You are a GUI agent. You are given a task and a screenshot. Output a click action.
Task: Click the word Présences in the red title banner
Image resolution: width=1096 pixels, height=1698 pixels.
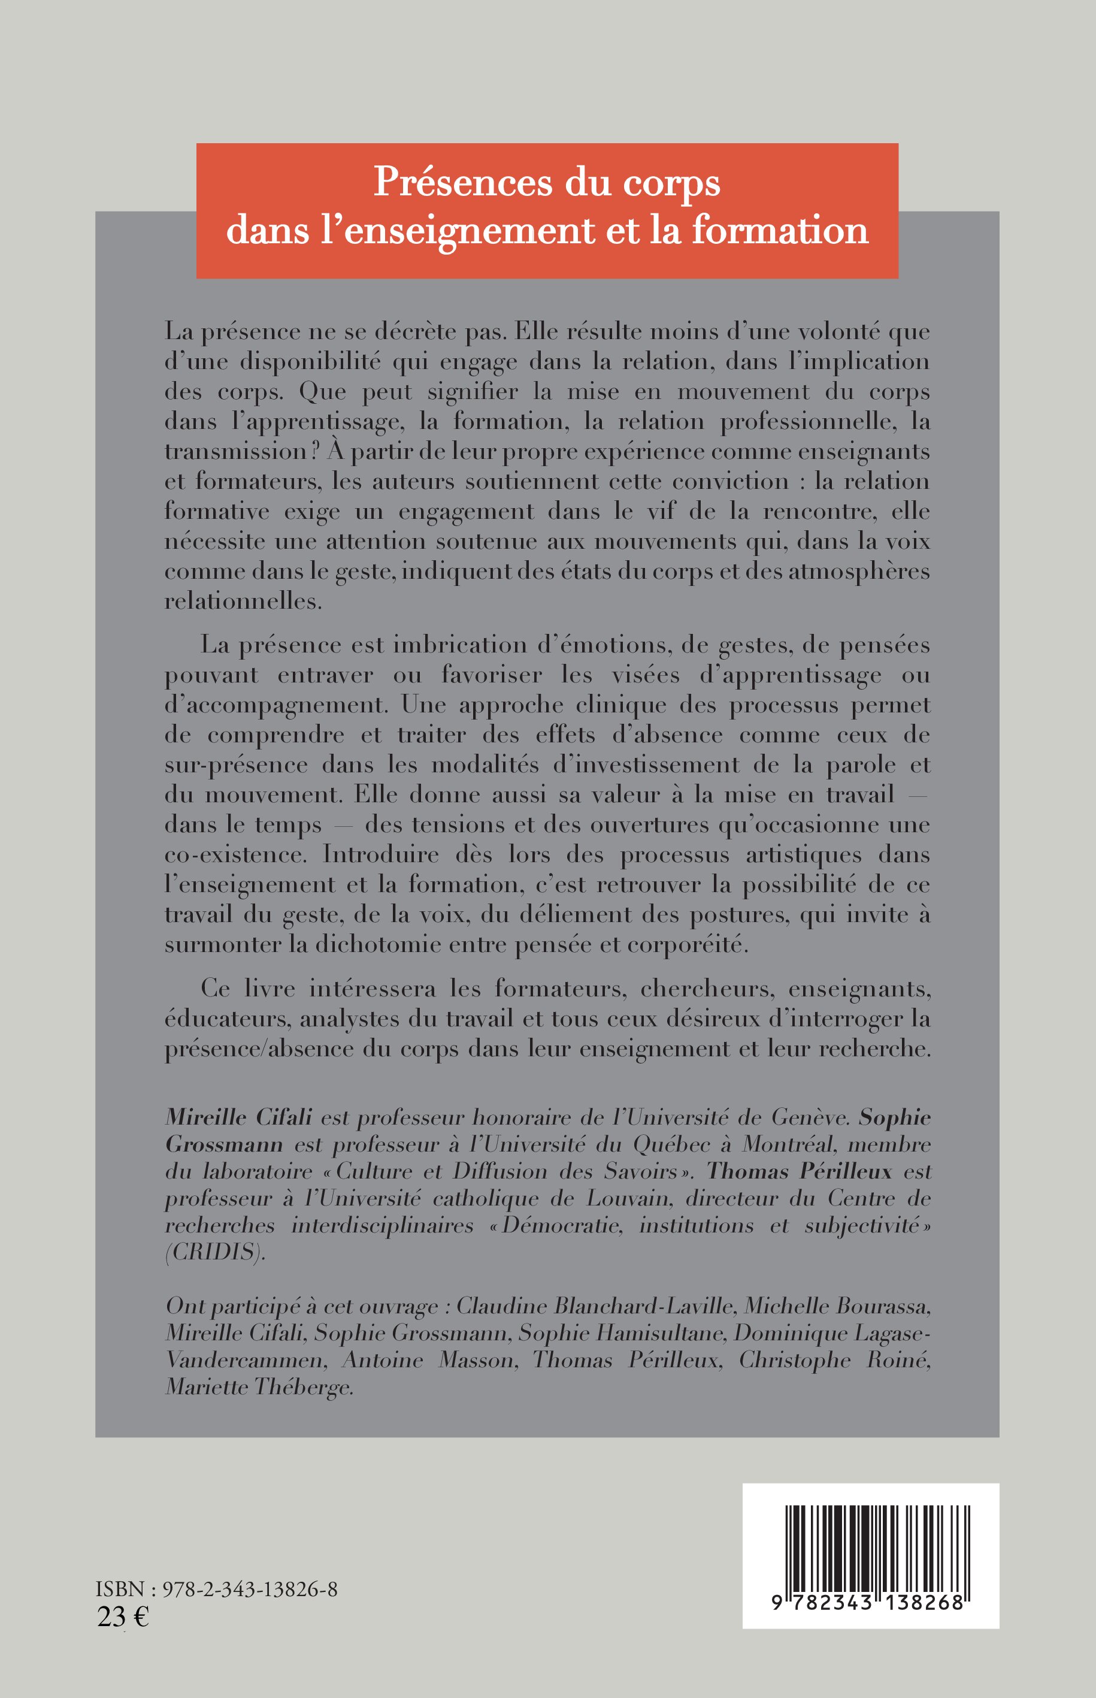click(462, 182)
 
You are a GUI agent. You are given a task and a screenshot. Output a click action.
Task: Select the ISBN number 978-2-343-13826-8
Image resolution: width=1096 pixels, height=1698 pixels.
click(250, 1590)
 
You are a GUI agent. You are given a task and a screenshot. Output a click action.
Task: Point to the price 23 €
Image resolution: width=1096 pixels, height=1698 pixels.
click(122, 1617)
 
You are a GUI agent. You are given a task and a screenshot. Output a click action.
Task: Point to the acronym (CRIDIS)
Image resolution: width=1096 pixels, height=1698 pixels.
click(215, 1252)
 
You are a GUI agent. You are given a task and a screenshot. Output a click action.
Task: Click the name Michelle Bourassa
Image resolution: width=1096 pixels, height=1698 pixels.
click(837, 1306)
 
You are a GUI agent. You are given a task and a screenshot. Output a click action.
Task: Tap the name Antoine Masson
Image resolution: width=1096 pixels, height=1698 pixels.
click(427, 1360)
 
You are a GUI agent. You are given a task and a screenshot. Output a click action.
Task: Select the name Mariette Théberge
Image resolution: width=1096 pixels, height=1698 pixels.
click(259, 1387)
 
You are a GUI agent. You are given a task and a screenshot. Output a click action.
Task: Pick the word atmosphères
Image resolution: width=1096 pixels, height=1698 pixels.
click(859, 571)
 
